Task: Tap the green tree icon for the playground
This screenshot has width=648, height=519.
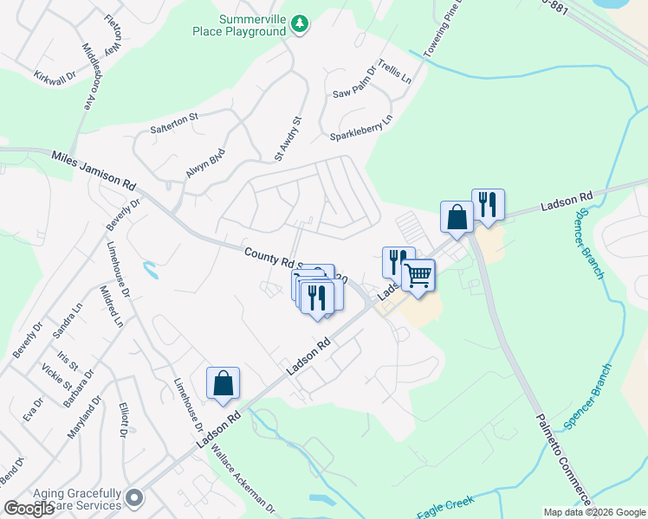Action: [299, 23]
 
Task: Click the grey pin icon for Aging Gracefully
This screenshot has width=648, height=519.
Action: [133, 497]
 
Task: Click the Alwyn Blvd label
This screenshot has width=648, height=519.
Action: [205, 163]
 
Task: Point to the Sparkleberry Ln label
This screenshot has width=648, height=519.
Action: [361, 130]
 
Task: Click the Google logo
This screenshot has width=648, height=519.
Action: [29, 509]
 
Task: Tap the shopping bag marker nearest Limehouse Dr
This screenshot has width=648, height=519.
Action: [223, 383]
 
